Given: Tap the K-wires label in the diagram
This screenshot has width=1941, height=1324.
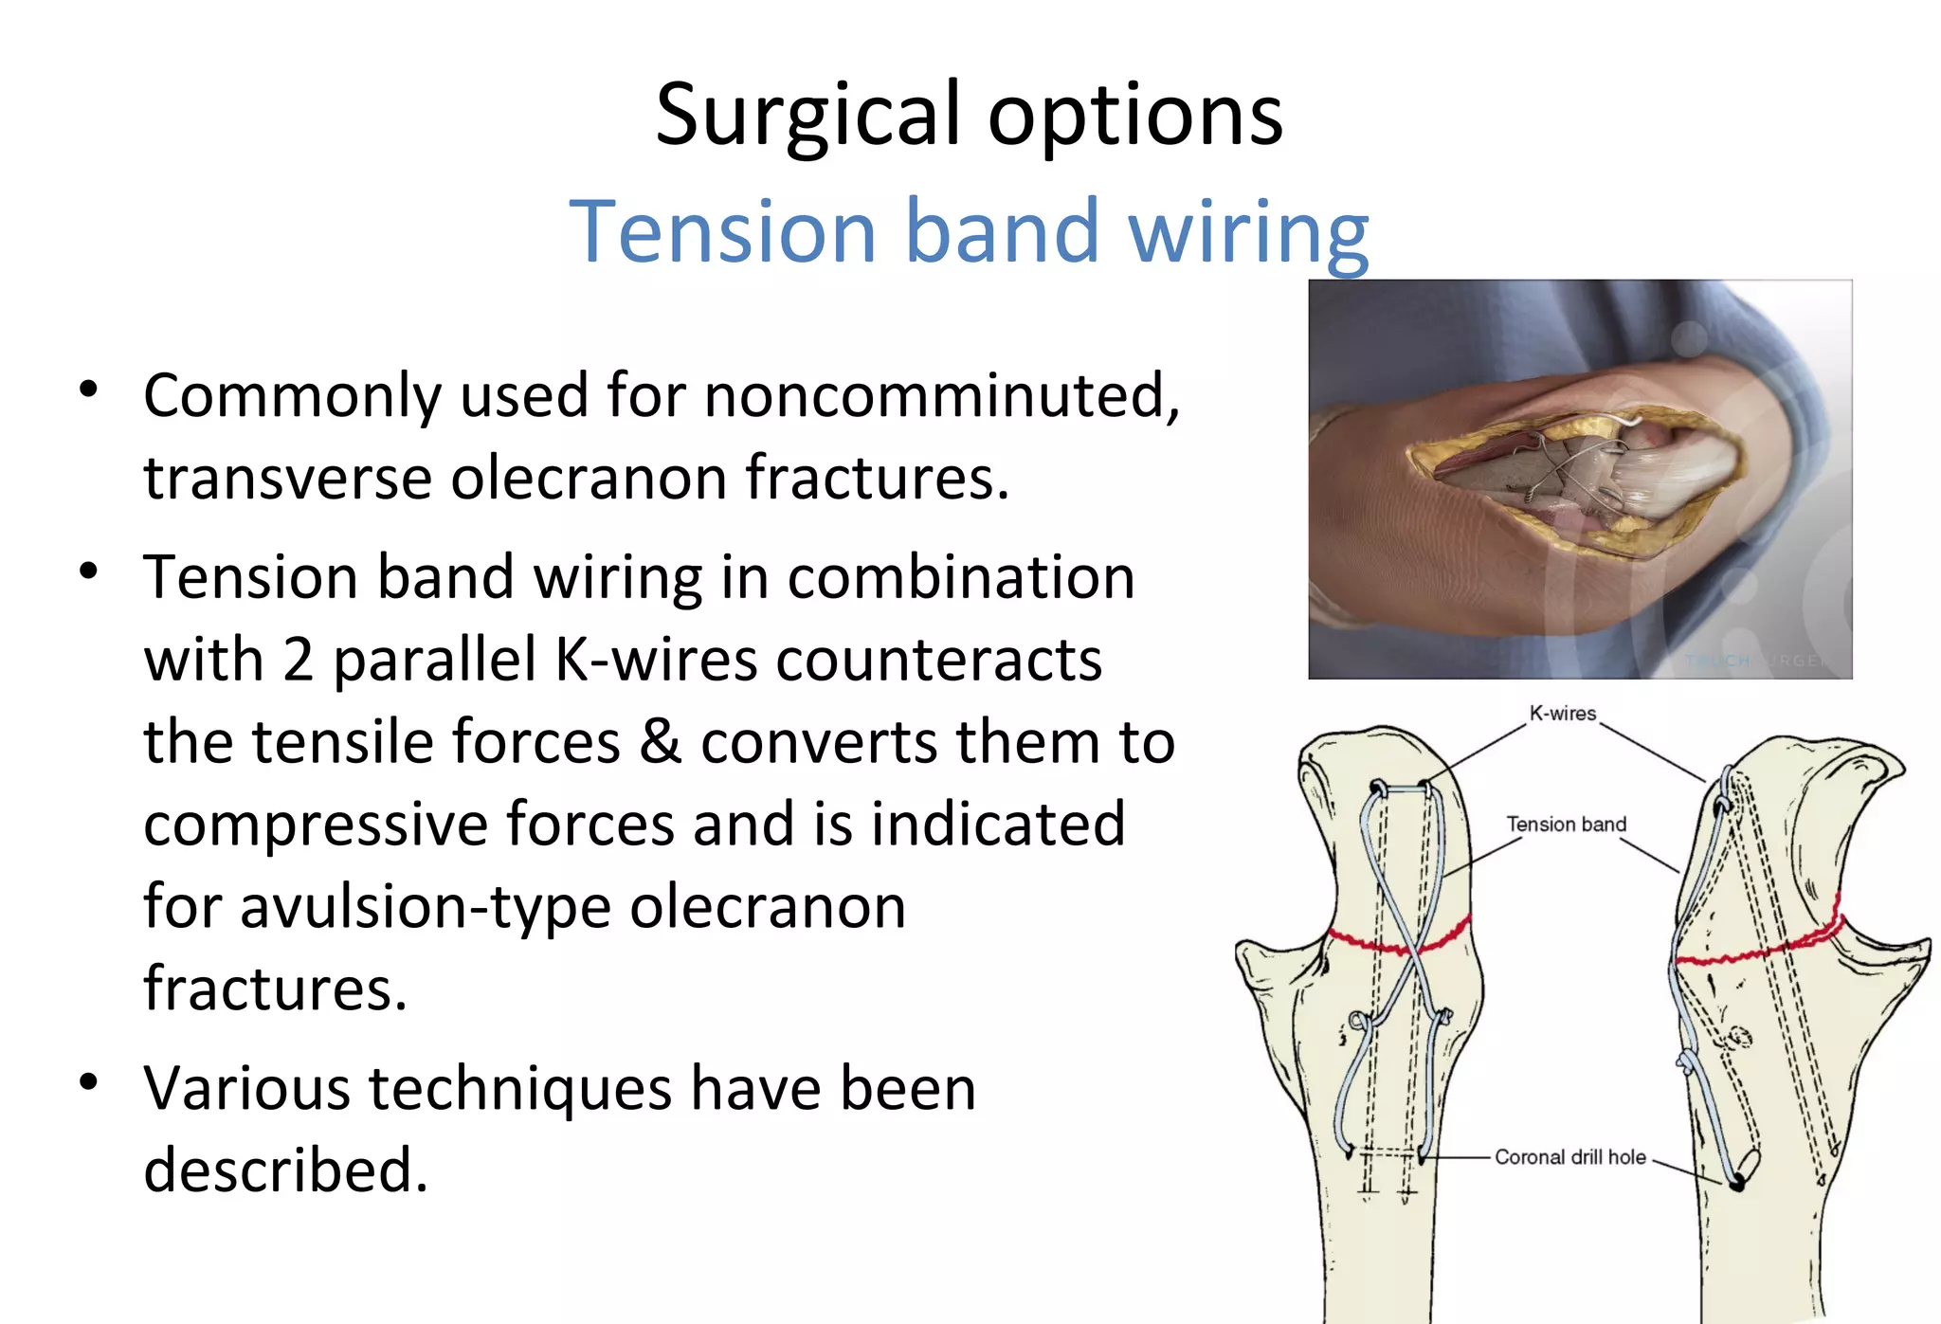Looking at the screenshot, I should [x=1562, y=714].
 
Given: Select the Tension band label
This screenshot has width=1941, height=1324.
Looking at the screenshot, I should [x=1566, y=825].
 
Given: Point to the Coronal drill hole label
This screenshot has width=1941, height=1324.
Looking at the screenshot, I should [x=1569, y=1157].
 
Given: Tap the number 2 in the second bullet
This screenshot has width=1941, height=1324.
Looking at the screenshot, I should [x=298, y=660].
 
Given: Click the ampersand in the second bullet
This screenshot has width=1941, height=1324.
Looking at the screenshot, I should [x=660, y=742].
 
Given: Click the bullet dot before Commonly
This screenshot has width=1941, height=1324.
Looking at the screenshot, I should [x=89, y=390].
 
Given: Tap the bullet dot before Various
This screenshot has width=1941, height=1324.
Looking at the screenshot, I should [x=89, y=1081].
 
